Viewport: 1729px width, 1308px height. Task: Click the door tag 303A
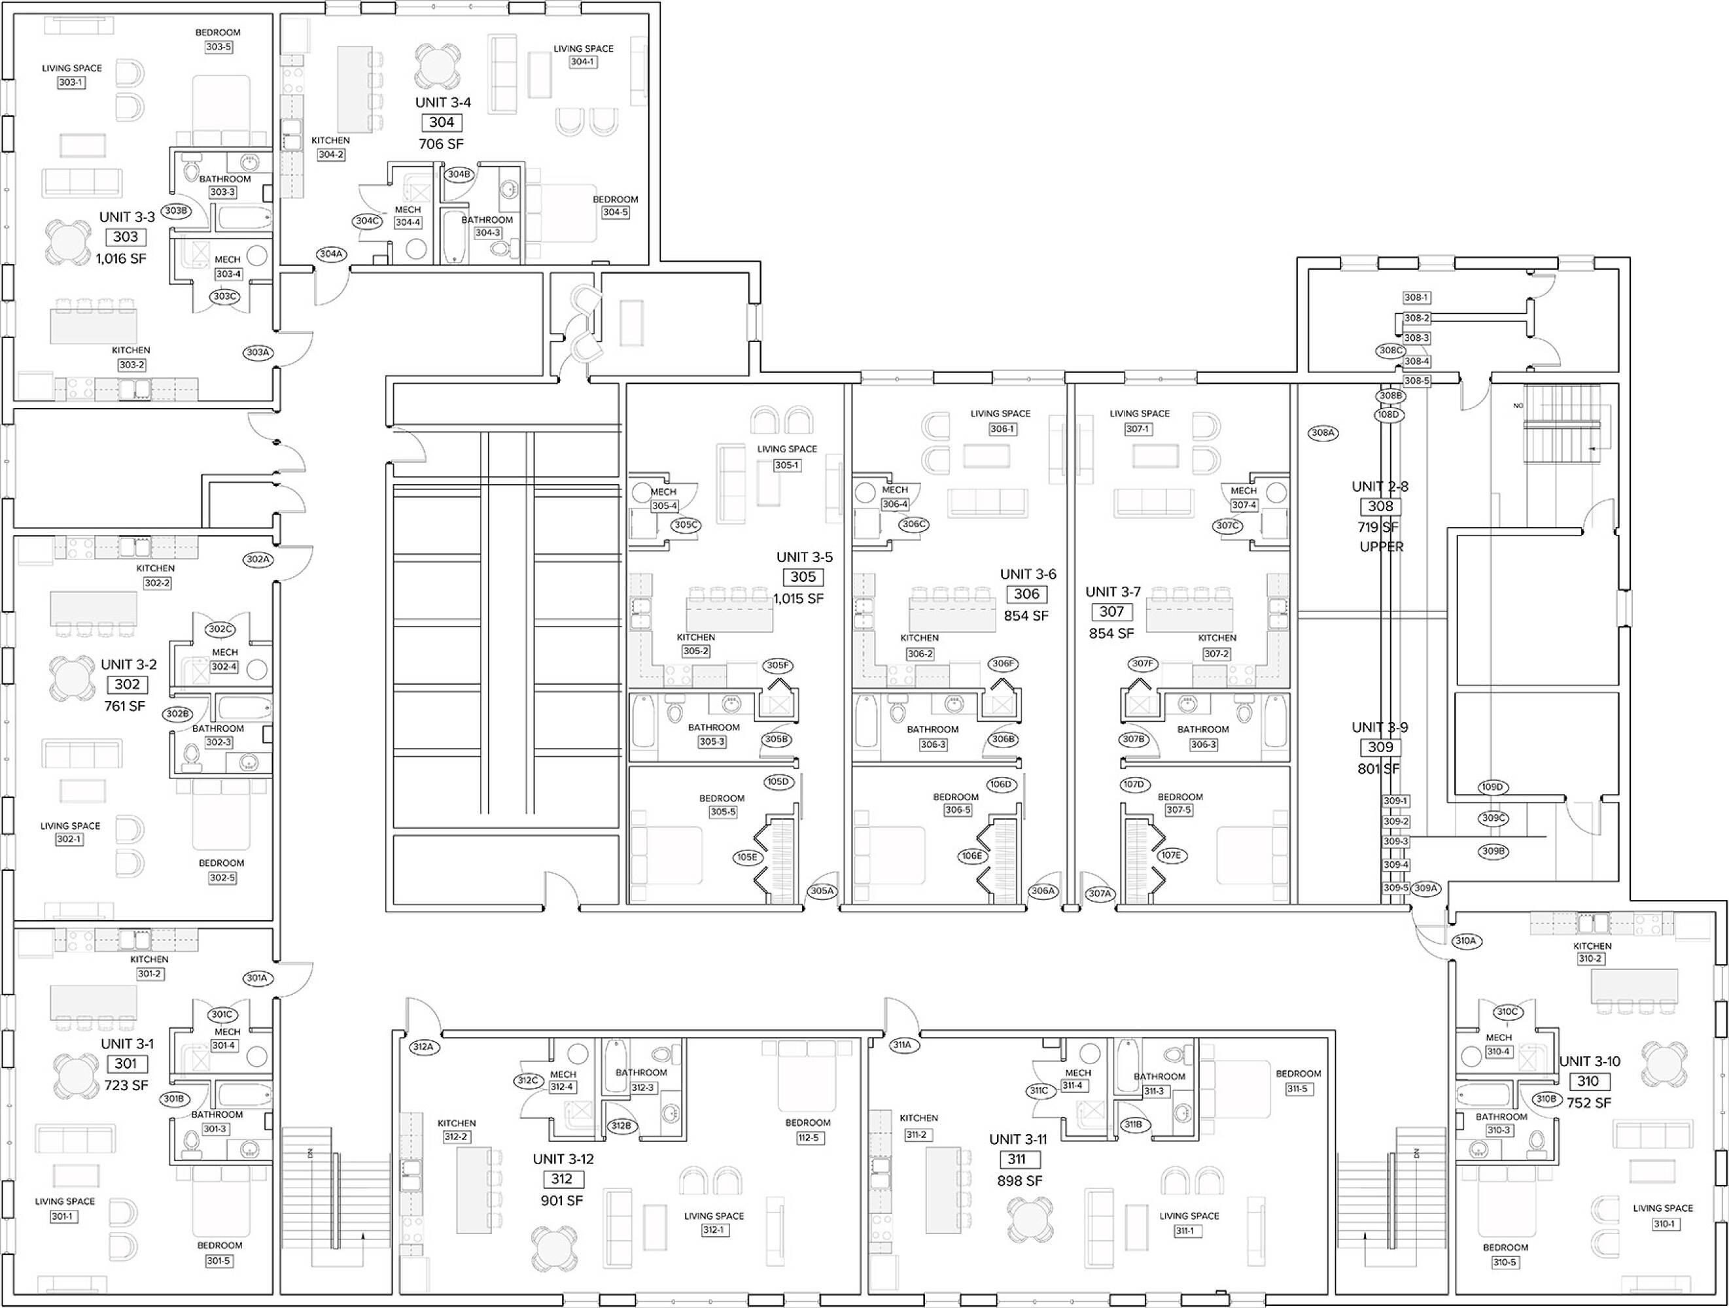point(258,353)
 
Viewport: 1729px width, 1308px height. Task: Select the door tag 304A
point(330,254)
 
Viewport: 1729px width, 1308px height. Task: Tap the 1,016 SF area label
point(121,258)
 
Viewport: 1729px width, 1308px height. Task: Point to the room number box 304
point(442,122)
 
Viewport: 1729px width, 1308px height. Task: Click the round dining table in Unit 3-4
point(438,65)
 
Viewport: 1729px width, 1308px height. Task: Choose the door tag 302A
point(258,559)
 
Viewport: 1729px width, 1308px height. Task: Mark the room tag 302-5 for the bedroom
point(222,878)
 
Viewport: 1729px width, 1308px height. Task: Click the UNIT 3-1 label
point(128,1044)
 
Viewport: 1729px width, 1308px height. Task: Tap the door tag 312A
point(423,1047)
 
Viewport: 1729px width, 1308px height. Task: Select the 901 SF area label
point(562,1200)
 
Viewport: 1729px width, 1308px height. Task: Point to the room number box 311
point(1016,1160)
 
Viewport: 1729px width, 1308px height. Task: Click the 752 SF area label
point(1589,1103)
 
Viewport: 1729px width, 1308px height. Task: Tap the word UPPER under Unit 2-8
point(1382,547)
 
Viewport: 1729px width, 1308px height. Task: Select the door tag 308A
point(1323,433)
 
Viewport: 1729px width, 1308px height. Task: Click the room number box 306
point(1026,594)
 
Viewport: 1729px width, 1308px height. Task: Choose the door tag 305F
point(777,666)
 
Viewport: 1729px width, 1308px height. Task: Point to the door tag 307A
point(1100,893)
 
